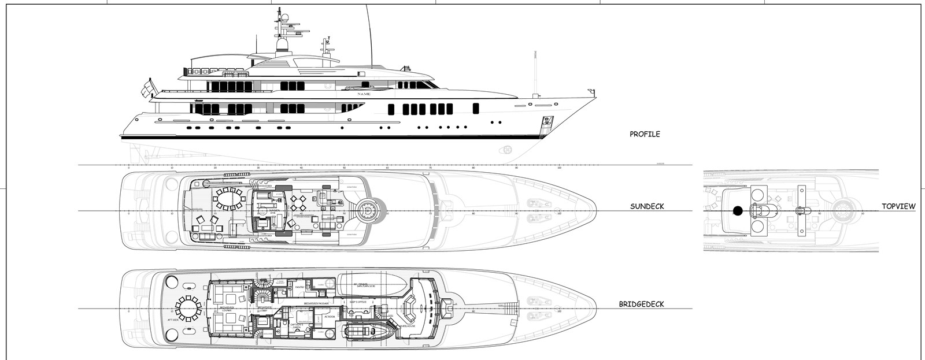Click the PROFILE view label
coord(645,134)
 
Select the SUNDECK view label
coord(647,206)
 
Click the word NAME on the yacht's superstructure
coord(363,94)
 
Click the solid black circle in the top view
coord(737,211)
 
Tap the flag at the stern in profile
coord(147,88)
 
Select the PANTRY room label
coord(299,287)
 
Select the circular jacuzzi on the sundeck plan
coord(368,211)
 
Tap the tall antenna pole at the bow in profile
coord(535,72)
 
